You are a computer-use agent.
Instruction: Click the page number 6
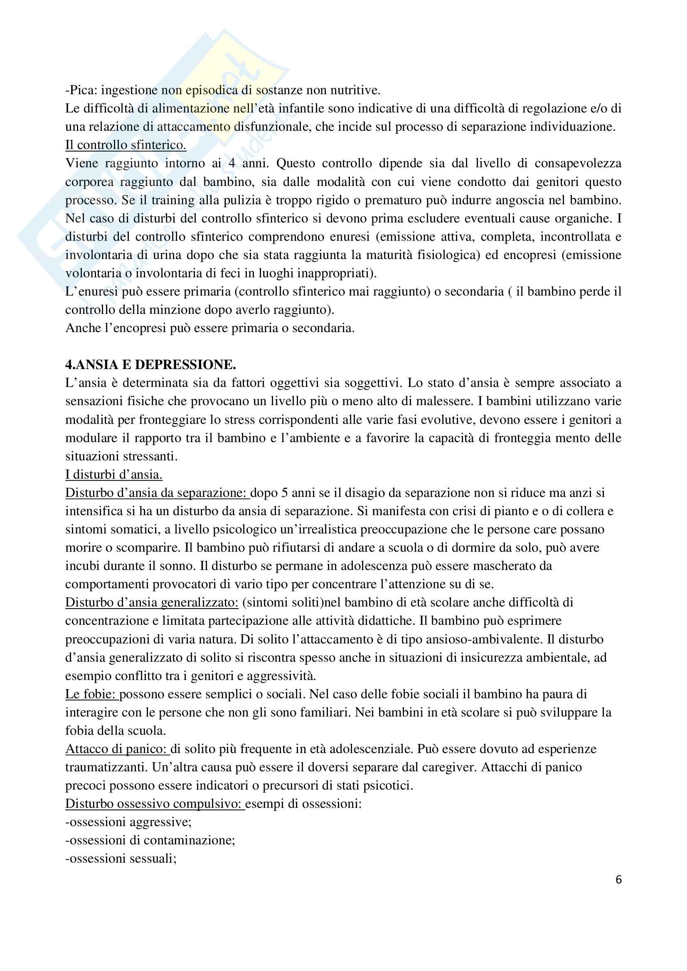618,880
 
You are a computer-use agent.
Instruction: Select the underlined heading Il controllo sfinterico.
126,145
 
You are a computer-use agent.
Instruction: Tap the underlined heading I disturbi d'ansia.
114,474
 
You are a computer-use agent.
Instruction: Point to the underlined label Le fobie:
92,694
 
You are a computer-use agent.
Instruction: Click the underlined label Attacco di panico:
117,749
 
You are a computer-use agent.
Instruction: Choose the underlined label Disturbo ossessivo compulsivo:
155,804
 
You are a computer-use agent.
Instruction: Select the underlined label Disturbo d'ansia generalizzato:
152,603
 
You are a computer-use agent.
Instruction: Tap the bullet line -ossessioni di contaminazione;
150,840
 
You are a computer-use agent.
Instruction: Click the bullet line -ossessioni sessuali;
121,858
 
